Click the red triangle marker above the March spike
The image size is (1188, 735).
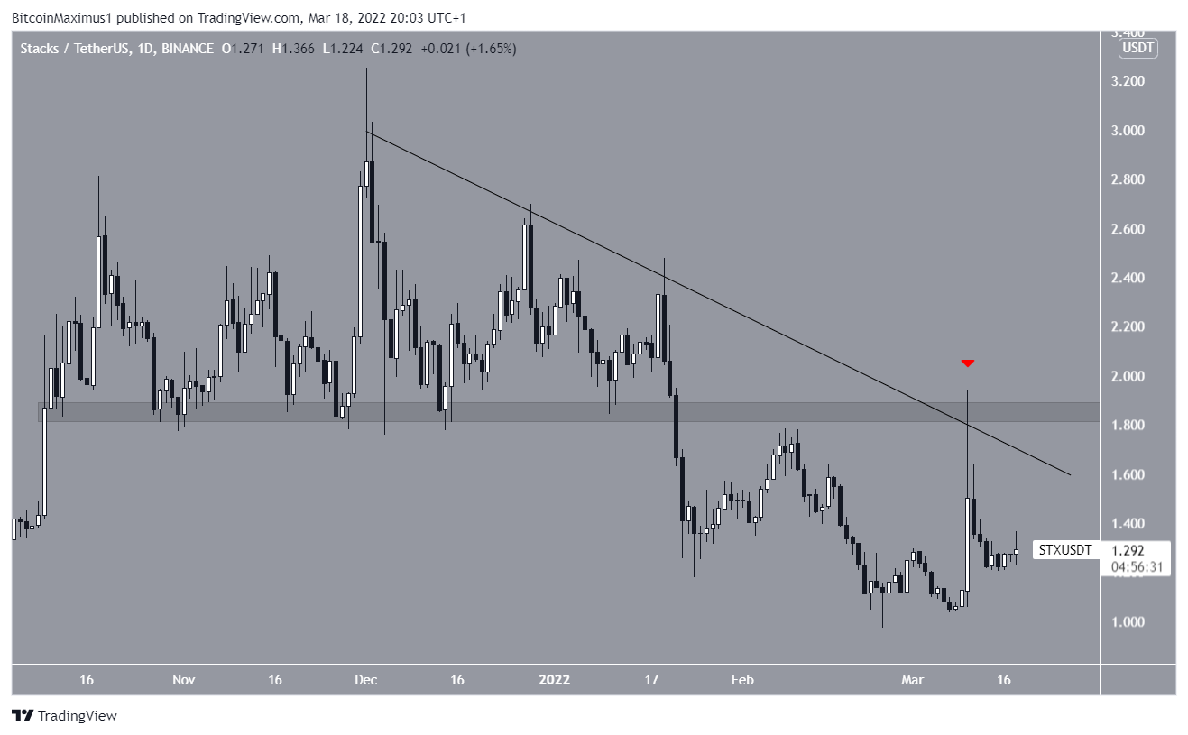pos(967,363)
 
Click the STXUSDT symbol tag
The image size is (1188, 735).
pos(1064,549)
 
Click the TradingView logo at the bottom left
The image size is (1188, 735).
pos(64,716)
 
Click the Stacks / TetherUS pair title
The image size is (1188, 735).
pos(73,49)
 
